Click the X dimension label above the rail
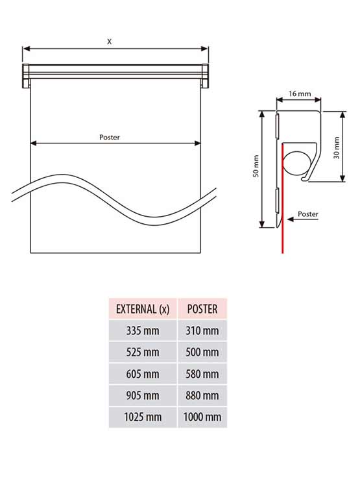point(110,41)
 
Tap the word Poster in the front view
point(109,137)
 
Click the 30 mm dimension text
point(335,147)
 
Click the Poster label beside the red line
point(308,213)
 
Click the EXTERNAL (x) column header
point(143,309)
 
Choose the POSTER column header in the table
point(202,309)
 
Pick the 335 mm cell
point(143,331)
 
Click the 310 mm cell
point(202,331)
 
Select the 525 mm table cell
point(143,352)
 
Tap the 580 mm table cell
point(202,374)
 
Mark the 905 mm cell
point(143,395)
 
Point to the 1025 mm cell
point(143,417)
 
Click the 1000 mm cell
point(202,417)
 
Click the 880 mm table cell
point(202,395)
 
